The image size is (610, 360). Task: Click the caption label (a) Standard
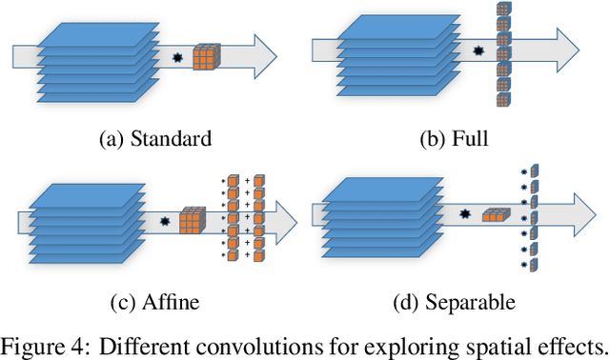tap(154, 139)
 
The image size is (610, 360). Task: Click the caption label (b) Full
tap(455, 139)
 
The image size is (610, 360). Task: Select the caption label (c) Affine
tap(154, 303)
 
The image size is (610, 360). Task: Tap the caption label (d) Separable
tap(455, 303)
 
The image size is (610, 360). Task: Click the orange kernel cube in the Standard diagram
tap(206, 57)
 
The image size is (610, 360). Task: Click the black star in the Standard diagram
tap(176, 59)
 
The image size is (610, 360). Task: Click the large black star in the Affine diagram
tap(165, 222)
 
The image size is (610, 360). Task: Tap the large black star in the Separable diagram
tap(466, 214)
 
